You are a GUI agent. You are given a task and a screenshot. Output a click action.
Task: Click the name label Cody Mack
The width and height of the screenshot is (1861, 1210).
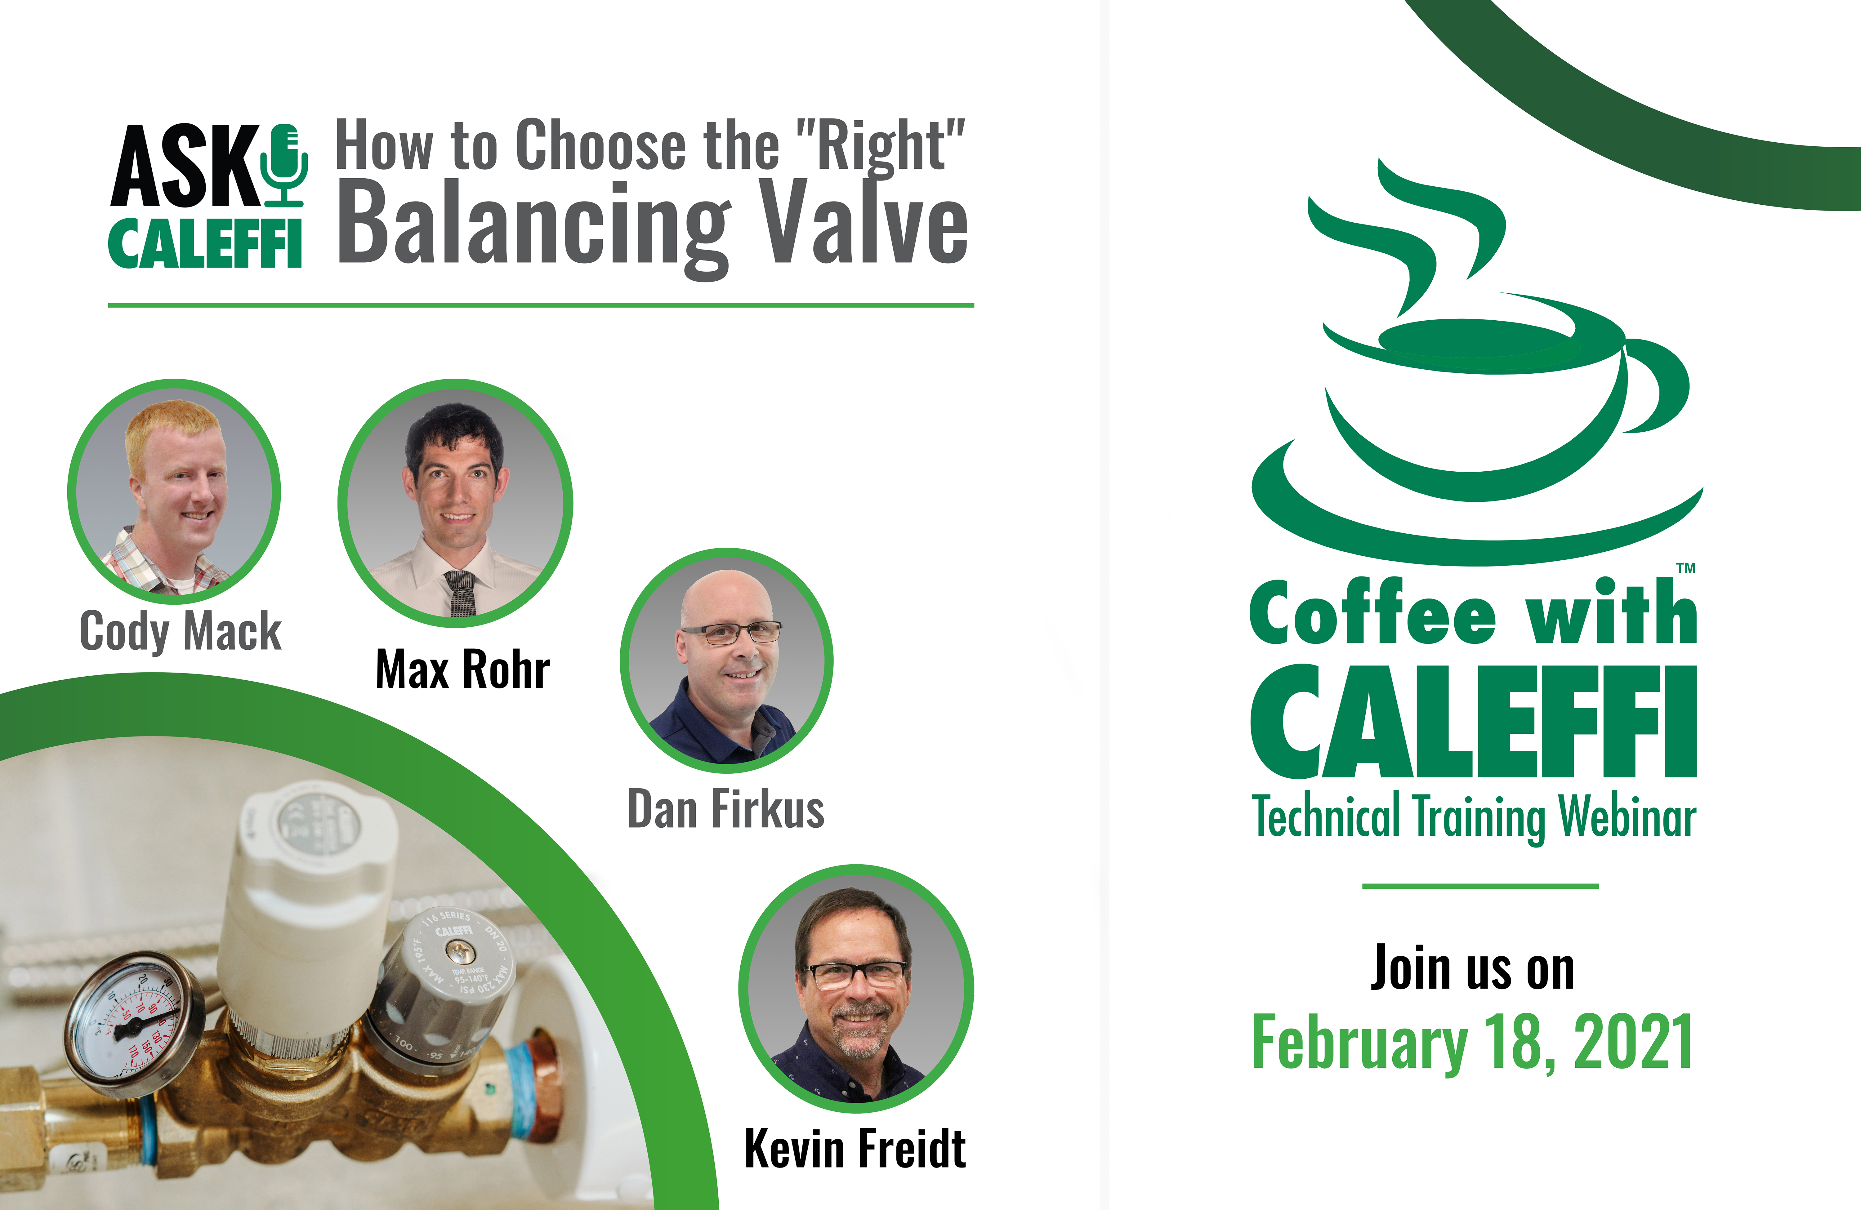181,632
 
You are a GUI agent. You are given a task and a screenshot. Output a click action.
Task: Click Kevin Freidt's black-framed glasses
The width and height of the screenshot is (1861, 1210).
854,975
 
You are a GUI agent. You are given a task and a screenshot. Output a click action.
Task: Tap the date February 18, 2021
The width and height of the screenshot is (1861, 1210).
1472,1042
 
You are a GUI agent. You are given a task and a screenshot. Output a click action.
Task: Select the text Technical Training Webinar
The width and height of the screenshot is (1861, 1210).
1474,817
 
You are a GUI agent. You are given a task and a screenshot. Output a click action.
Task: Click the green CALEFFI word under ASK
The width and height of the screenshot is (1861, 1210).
205,244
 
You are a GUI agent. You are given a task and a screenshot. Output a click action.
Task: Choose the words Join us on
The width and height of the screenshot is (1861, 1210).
1472,968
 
